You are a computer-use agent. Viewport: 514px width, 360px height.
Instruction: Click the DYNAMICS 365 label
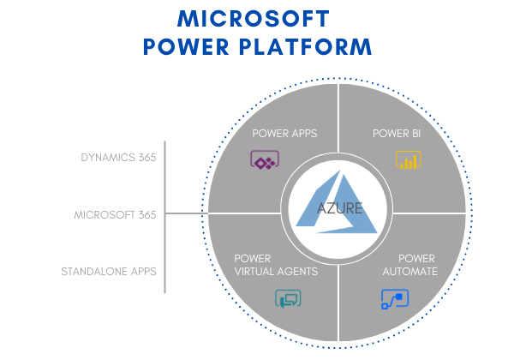pos(118,158)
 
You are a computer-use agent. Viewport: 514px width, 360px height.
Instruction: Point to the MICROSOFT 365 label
pos(116,214)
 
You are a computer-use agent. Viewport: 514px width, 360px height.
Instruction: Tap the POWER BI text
pos(396,134)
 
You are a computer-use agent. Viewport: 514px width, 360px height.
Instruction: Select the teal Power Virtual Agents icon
pos(287,299)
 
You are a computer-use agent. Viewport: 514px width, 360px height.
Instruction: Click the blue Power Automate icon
pos(395,298)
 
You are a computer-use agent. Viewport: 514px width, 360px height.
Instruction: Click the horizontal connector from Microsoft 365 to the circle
pos(186,213)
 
